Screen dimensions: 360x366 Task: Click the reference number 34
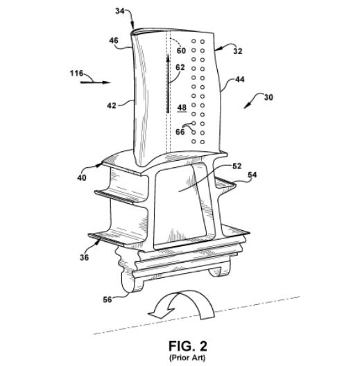[x=119, y=11]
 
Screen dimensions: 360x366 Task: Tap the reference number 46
[x=114, y=41]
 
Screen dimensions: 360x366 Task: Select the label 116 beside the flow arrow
[x=76, y=73]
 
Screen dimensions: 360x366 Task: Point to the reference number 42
[x=112, y=105]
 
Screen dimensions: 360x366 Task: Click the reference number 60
[x=181, y=51]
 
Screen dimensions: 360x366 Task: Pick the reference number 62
[x=180, y=67]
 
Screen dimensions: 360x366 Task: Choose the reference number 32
[x=238, y=51]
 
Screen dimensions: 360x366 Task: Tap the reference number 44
[x=239, y=80]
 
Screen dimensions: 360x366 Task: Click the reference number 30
[x=268, y=97]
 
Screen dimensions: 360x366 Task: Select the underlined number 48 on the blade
[x=182, y=108]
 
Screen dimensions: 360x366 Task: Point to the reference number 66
[x=180, y=132]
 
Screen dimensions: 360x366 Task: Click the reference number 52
[x=237, y=166]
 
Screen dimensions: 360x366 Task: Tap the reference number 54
[x=252, y=175]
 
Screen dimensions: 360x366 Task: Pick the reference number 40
[x=82, y=178]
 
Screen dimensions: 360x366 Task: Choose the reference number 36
[x=85, y=257]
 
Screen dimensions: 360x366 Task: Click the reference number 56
[x=108, y=299]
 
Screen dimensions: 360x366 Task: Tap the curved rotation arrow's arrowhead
[x=161, y=313]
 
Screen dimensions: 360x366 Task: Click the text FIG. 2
[x=188, y=346]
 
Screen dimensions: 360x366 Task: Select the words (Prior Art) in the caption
[x=187, y=358]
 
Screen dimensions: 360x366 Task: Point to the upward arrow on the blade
[x=168, y=84]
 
